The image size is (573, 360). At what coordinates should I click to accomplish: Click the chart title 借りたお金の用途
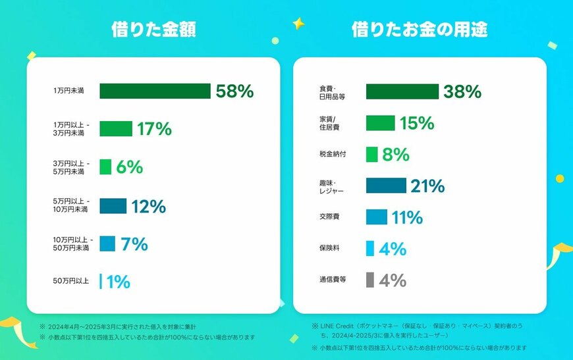[420, 30]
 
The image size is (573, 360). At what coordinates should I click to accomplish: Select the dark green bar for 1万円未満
[155, 91]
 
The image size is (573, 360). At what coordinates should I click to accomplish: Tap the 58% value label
[234, 91]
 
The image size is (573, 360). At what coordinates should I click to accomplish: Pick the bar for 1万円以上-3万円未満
[116, 129]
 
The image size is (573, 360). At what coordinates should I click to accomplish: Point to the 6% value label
[130, 167]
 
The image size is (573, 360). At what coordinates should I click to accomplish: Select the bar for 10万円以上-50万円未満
[107, 244]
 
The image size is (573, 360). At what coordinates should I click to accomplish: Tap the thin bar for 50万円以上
[101, 282]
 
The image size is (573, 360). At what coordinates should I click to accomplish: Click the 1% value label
[118, 282]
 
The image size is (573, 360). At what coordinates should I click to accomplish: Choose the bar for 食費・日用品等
[402, 91]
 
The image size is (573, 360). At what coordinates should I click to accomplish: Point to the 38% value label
[462, 91]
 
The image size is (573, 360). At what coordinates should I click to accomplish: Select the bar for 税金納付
[371, 155]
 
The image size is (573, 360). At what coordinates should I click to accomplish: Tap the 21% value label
[427, 186]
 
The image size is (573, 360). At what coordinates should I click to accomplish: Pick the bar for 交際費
[376, 217]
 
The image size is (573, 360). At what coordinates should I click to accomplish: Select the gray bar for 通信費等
[370, 280]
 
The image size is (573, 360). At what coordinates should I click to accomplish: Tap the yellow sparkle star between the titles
[298, 24]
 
